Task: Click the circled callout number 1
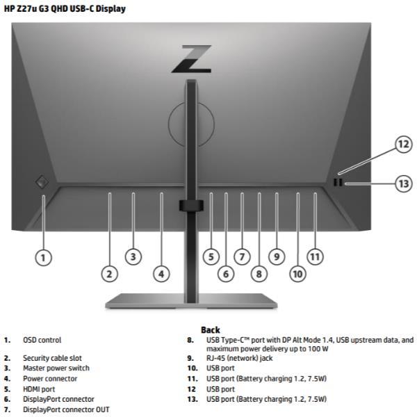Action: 43,258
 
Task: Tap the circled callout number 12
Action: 404,145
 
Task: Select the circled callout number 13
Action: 404,183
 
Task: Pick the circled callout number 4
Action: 161,274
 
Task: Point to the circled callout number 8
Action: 259,274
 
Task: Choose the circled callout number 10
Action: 297,274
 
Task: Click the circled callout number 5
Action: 211,257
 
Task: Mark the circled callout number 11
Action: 315,257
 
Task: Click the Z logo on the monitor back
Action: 192,59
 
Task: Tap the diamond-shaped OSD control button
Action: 42,182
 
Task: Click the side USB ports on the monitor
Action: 338,182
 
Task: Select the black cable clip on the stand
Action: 191,206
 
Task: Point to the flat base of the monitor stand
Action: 191,301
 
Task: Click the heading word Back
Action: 211,330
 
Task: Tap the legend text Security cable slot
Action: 52,358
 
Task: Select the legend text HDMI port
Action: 39,389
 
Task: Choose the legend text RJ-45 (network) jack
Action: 239,358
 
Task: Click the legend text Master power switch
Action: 56,368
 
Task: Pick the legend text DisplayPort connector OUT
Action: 66,410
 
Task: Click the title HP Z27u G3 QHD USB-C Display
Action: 65,9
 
